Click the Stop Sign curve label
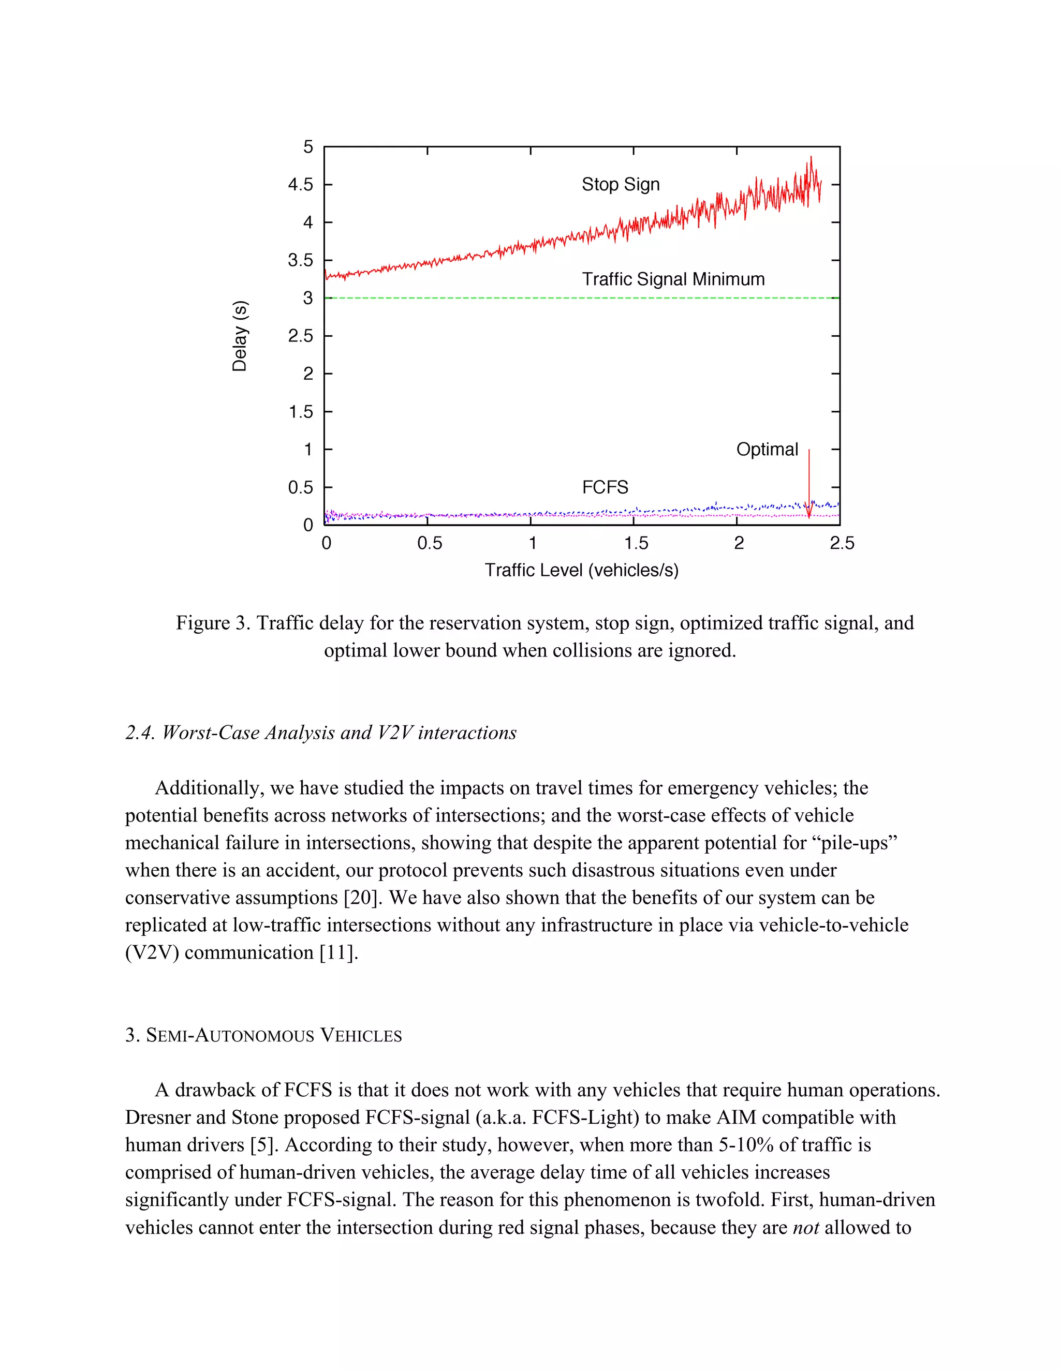pyautogui.click(x=621, y=185)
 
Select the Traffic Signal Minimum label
pyautogui.click(x=673, y=279)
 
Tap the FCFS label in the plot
pyautogui.click(x=605, y=488)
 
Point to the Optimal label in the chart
pyautogui.click(x=767, y=450)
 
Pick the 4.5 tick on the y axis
pyautogui.click(x=300, y=185)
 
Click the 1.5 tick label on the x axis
pyautogui.click(x=636, y=544)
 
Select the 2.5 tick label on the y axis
pyautogui.click(x=300, y=336)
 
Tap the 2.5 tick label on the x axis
pyautogui.click(x=842, y=544)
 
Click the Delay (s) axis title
pyautogui.click(x=240, y=336)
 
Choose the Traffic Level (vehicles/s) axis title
pyautogui.click(x=581, y=571)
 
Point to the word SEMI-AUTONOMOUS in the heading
pyautogui.click(x=230, y=1035)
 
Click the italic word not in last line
pyautogui.click(x=806, y=1228)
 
